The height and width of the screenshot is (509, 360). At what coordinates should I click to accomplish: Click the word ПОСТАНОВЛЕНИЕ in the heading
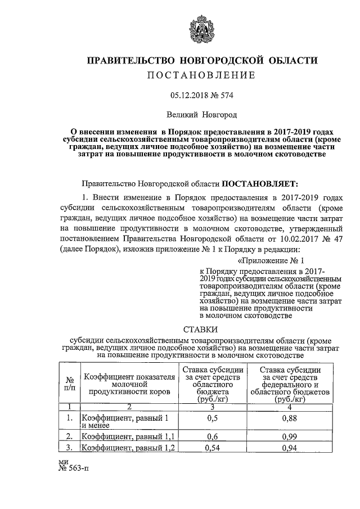[201, 75]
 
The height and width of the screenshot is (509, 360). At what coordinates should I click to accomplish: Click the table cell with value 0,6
[212, 436]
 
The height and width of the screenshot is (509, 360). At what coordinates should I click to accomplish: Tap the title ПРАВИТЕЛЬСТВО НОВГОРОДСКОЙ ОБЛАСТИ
[201, 60]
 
